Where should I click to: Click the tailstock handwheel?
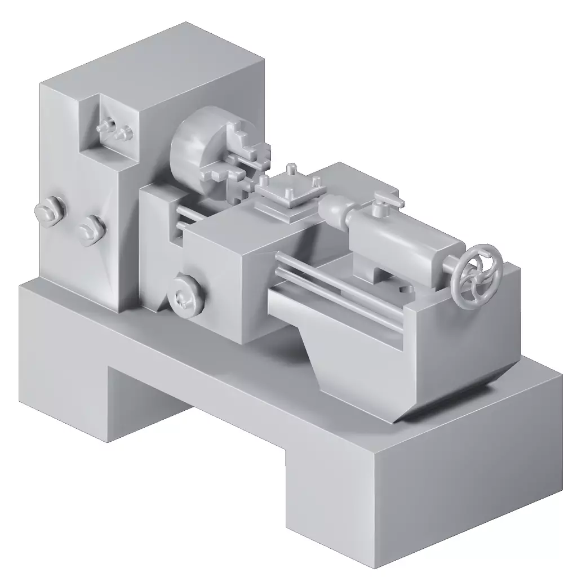coord(480,276)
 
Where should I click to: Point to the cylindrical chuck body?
coord(192,149)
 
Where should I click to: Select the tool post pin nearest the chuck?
coord(263,181)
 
